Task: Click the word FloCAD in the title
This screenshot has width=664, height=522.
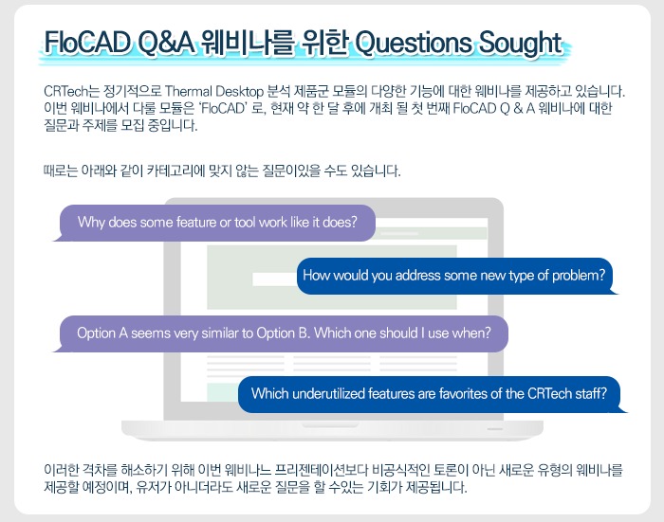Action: tap(87, 43)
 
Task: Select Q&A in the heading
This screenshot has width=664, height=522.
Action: tap(166, 44)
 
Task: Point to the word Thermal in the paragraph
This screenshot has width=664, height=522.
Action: tap(189, 91)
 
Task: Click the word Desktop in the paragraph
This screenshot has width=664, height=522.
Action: tap(239, 91)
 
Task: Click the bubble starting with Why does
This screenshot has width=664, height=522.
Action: tap(213, 223)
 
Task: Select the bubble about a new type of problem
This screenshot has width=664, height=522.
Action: tap(457, 276)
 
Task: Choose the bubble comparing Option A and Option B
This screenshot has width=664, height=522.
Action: tap(281, 333)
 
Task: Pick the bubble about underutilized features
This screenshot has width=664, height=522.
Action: tap(433, 394)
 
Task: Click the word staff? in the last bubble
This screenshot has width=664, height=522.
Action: tap(591, 394)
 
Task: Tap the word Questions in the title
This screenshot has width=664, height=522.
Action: tap(413, 44)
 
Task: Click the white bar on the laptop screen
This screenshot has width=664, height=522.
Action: tap(274, 279)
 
